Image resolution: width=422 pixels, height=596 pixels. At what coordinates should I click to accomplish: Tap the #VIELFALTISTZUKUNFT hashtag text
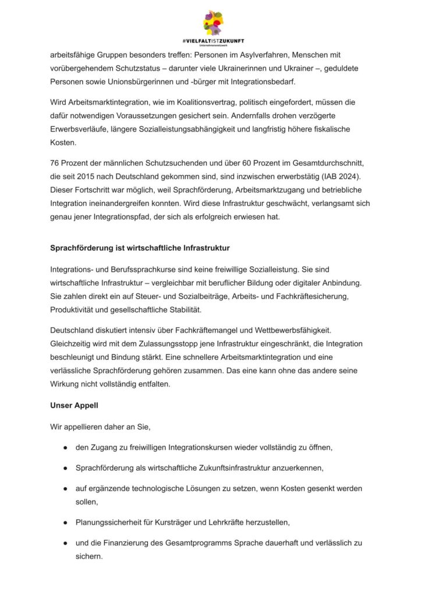point(212,41)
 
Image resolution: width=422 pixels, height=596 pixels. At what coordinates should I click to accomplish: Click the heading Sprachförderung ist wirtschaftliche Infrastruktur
point(140,248)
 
